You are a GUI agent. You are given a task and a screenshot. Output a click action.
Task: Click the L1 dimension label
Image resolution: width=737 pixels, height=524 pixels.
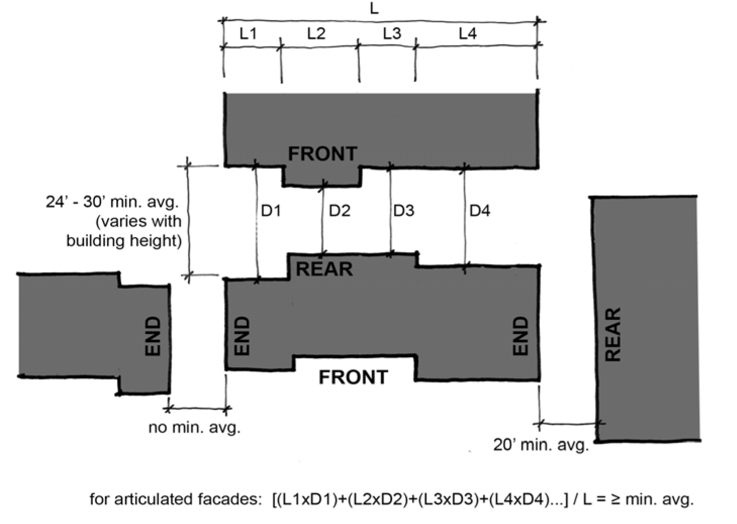(x=248, y=34)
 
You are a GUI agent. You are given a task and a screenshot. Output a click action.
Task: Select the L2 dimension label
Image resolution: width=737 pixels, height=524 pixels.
(x=316, y=34)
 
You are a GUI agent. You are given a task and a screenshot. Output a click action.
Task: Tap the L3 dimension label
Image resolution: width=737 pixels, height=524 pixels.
(x=391, y=34)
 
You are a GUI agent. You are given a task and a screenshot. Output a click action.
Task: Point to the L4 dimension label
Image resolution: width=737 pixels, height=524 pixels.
(x=467, y=34)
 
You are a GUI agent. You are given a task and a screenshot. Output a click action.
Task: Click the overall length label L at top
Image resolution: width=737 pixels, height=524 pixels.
(x=374, y=9)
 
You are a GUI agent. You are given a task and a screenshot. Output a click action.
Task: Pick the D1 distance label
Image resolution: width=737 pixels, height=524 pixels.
(x=271, y=211)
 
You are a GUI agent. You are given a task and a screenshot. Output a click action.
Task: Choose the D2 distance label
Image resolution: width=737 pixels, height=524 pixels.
(x=339, y=211)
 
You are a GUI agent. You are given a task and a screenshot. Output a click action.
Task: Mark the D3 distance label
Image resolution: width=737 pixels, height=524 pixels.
(x=404, y=211)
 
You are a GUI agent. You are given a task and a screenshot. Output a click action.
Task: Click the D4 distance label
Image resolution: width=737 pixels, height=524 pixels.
(x=479, y=211)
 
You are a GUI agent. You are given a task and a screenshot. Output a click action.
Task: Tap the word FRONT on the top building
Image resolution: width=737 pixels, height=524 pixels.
(x=322, y=154)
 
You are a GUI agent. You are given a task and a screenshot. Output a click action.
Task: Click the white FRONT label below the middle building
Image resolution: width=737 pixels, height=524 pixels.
(x=353, y=377)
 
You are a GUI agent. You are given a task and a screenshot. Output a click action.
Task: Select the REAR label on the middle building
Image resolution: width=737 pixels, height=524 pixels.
(x=324, y=269)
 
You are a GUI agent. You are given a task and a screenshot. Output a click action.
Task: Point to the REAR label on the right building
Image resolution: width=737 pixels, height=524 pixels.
(x=613, y=335)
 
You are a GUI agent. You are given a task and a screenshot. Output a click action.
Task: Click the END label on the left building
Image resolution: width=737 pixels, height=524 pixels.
(x=153, y=336)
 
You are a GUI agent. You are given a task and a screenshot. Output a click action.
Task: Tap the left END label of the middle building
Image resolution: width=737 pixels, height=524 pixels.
(x=242, y=336)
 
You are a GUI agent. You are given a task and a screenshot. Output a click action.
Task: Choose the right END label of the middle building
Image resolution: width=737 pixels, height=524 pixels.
(x=520, y=336)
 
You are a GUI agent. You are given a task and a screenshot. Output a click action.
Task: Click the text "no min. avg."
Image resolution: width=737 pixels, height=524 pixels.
(x=194, y=427)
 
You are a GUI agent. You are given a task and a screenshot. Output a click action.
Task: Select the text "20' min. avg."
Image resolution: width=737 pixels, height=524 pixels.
(x=541, y=445)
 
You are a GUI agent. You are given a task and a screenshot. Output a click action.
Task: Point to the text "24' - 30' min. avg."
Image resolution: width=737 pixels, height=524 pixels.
(x=112, y=202)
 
